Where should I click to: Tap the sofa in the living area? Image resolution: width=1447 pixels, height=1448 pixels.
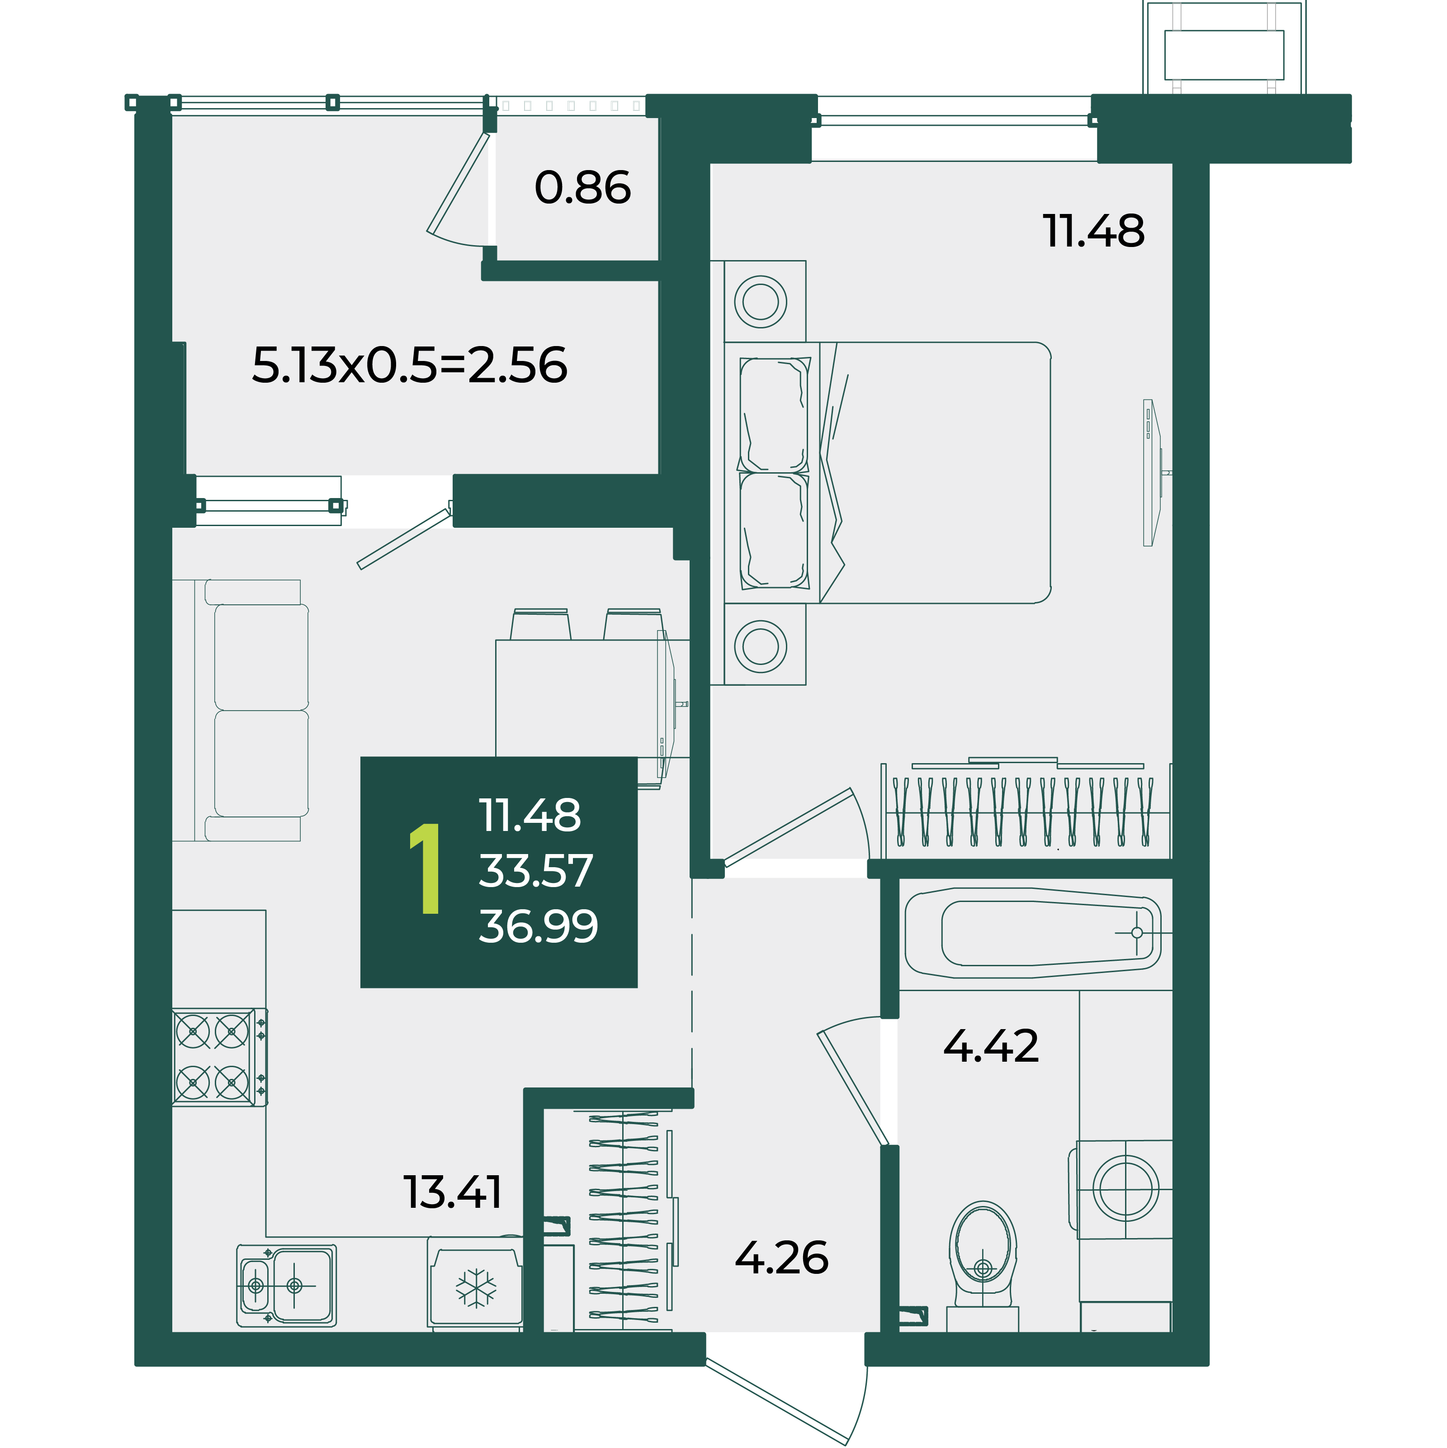(241, 711)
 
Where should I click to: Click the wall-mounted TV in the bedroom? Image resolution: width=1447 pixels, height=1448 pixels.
(1154, 473)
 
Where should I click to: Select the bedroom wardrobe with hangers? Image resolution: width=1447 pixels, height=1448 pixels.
(1026, 809)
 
